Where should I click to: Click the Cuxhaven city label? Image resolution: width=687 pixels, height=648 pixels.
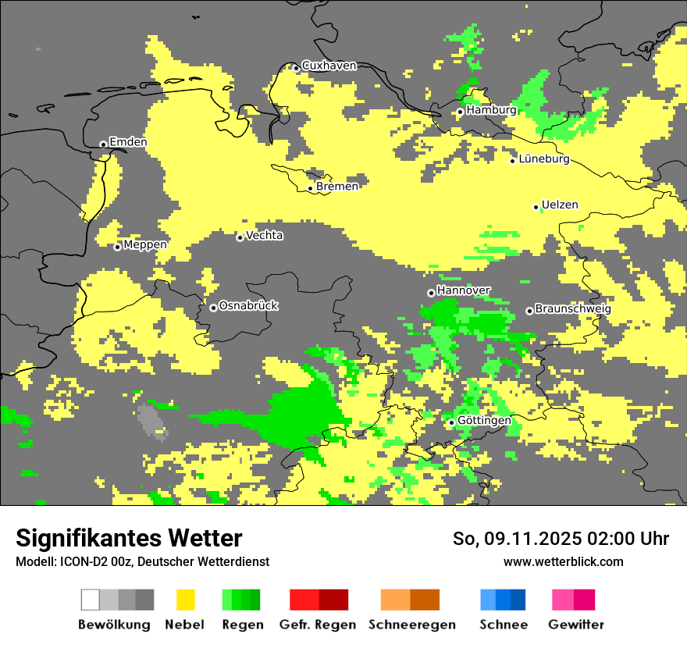click(x=329, y=66)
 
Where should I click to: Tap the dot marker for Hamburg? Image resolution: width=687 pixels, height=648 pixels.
click(x=461, y=112)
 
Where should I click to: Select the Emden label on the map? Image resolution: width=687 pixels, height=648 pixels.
click(x=128, y=142)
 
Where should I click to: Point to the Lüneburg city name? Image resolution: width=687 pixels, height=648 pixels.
click(x=544, y=158)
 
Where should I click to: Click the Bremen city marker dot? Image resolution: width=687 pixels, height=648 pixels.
click(x=310, y=188)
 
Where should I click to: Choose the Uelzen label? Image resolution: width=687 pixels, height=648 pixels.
click(x=560, y=205)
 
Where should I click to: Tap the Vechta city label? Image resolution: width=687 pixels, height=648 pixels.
click(x=265, y=236)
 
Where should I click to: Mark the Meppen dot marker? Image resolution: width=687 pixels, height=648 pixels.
click(x=117, y=247)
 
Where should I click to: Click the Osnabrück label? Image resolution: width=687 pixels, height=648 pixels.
click(x=248, y=306)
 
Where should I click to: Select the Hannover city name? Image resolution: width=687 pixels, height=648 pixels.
click(x=464, y=290)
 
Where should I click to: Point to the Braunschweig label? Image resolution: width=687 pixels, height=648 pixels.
click(x=573, y=309)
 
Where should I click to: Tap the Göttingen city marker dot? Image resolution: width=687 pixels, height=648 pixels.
click(x=451, y=422)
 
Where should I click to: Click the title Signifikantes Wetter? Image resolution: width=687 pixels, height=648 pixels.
click(x=129, y=538)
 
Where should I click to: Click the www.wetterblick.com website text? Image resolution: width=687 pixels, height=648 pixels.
click(x=563, y=561)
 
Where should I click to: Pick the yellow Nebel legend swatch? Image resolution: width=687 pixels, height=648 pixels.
click(x=185, y=600)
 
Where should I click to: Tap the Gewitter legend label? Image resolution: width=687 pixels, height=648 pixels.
click(x=575, y=625)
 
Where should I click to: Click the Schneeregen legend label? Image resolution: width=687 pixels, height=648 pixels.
click(x=411, y=625)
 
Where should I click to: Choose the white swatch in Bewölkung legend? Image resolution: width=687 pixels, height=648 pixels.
click(x=90, y=600)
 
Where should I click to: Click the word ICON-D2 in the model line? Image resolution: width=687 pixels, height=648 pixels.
click(x=80, y=562)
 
